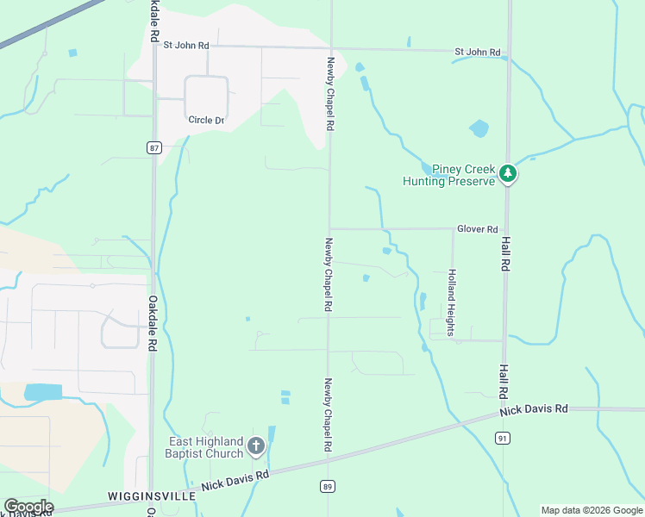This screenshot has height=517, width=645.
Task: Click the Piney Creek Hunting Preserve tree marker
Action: pyautogui.click(x=509, y=174)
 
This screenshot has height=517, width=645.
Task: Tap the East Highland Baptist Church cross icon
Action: pyautogui.click(x=255, y=445)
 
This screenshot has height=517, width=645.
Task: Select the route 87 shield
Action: pyautogui.click(x=153, y=148)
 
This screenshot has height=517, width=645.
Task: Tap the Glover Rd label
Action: pyautogui.click(x=479, y=229)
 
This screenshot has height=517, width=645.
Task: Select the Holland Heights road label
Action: pyautogui.click(x=450, y=296)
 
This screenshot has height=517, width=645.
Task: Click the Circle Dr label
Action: pyautogui.click(x=206, y=120)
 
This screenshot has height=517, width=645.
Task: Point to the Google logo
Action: pyautogui.click(x=28, y=507)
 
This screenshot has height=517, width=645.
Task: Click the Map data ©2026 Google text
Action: pyautogui.click(x=591, y=510)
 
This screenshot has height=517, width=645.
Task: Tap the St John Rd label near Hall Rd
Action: pyautogui.click(x=477, y=53)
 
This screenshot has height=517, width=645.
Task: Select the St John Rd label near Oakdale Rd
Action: pyautogui.click(x=186, y=44)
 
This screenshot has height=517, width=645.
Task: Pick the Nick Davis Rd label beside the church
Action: pyautogui.click(x=235, y=480)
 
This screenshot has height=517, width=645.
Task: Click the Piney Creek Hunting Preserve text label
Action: pyautogui.click(x=449, y=175)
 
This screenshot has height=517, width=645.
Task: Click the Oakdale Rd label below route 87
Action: pyautogui.click(x=152, y=323)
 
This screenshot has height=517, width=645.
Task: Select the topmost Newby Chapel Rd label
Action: pyautogui.click(x=329, y=94)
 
